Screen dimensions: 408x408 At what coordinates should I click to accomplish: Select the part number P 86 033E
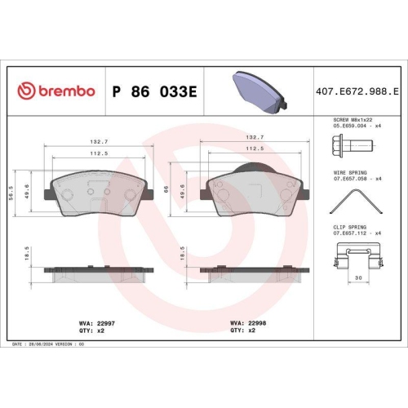(x=153, y=90)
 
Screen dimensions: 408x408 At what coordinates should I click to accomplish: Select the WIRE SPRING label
(x=348, y=173)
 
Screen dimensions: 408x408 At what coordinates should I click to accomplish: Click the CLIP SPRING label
(x=348, y=228)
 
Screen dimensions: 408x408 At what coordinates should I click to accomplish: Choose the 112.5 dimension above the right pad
(x=254, y=149)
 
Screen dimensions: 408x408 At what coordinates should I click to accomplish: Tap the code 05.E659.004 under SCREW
(x=349, y=126)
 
